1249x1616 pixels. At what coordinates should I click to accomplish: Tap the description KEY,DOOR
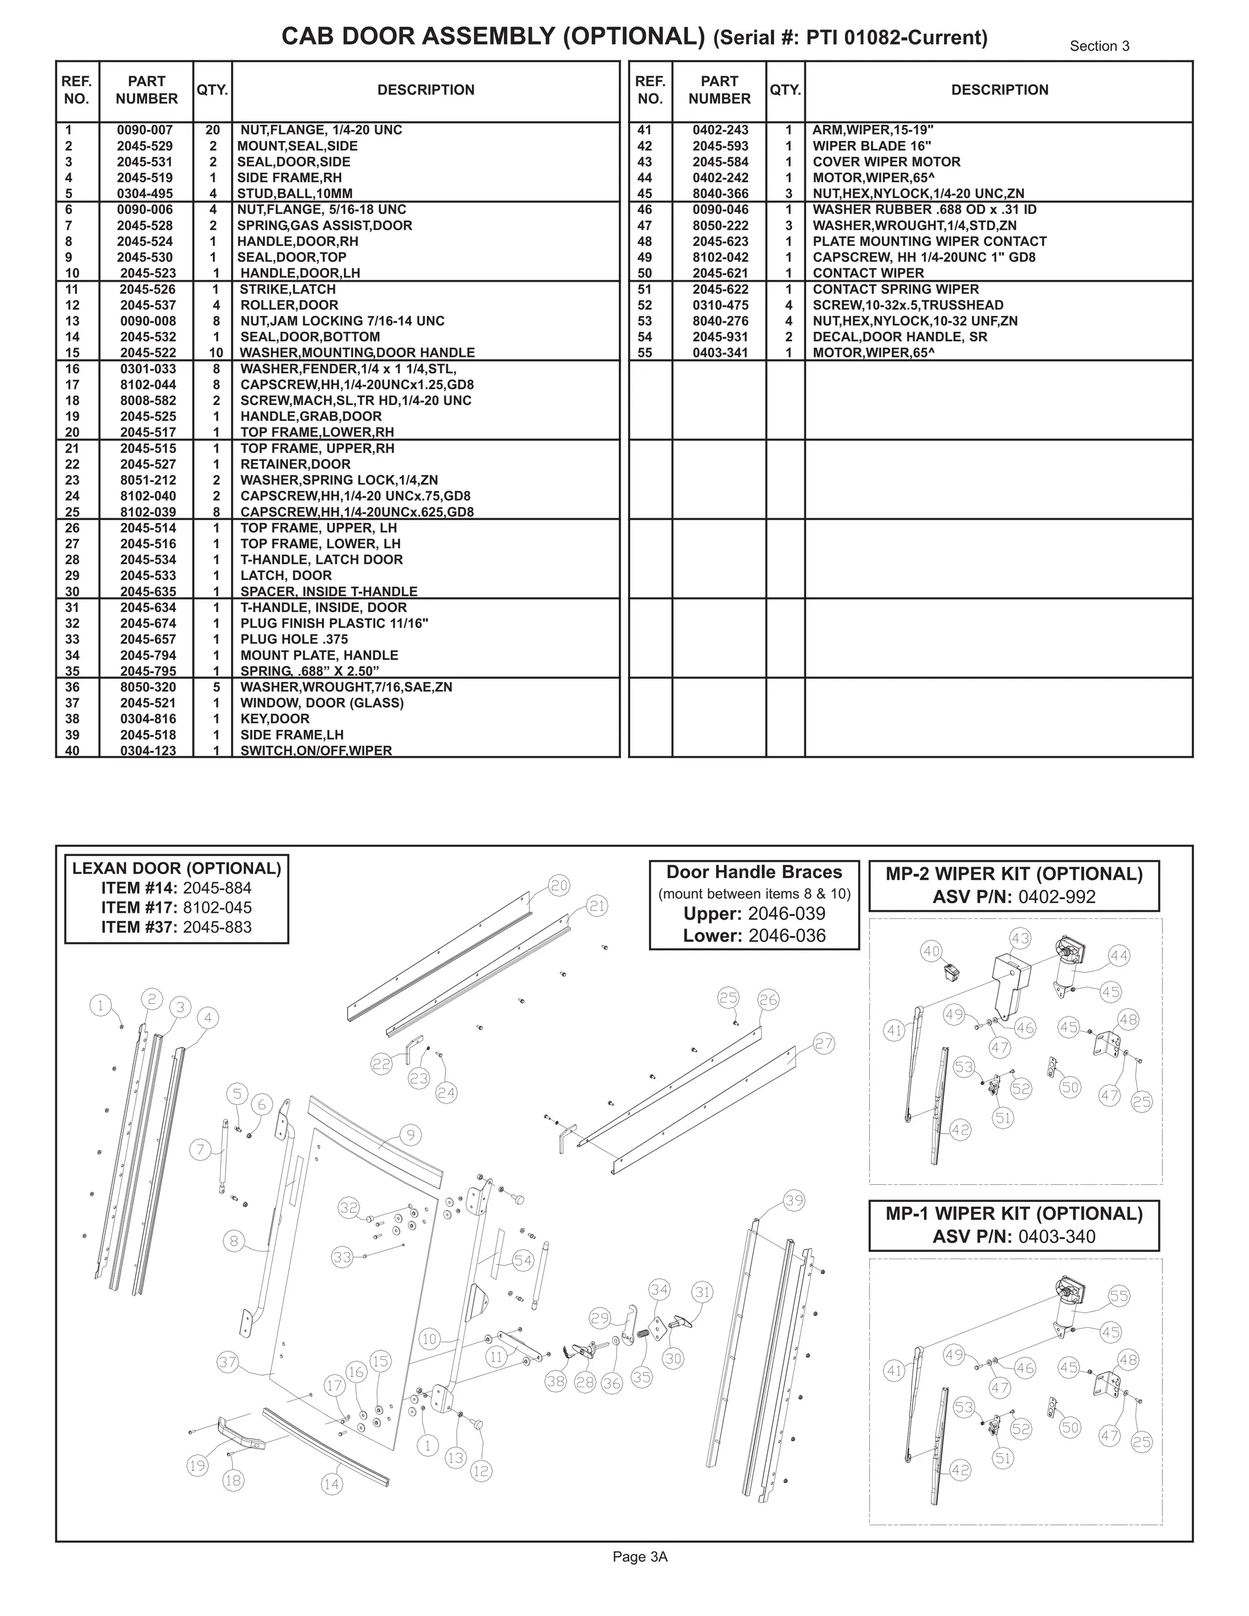tap(274, 719)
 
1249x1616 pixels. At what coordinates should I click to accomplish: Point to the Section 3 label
tap(1100, 46)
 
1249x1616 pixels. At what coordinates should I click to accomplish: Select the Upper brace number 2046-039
tap(787, 914)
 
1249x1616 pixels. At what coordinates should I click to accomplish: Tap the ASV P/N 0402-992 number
tap(1057, 897)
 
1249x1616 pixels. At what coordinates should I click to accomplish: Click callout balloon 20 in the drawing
tap(559, 885)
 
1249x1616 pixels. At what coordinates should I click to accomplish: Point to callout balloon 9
tap(410, 1135)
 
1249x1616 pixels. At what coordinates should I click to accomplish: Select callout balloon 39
tap(794, 1201)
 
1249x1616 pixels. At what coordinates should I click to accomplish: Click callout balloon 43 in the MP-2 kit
tap(1020, 939)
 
